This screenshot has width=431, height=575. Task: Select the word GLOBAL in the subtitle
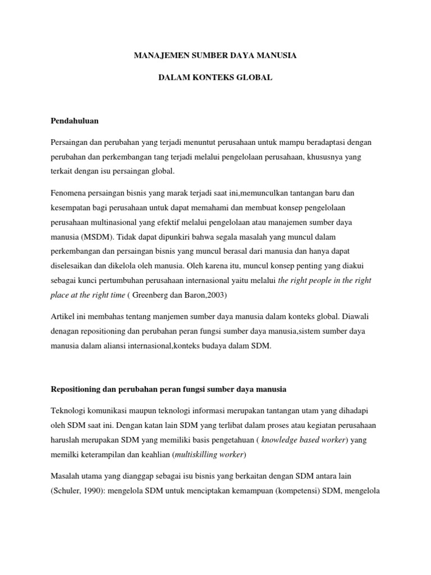(254, 77)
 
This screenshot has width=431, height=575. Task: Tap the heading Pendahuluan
(75, 121)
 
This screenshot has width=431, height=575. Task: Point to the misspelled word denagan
(65, 331)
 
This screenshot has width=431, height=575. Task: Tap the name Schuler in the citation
(68, 490)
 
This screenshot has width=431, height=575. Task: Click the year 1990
(95, 490)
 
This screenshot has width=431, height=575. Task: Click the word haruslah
(65, 439)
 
